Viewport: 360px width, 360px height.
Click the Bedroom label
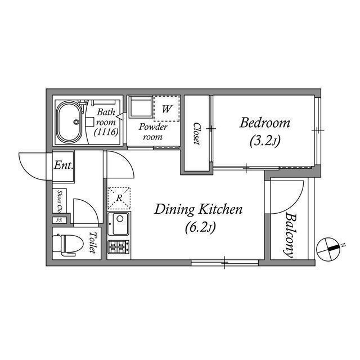tap(265, 123)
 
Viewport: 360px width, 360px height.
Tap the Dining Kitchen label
tap(198, 209)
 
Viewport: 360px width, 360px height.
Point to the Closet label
tap(196, 134)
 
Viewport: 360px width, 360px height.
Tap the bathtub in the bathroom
tap(69, 122)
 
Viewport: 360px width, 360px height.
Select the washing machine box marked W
tap(166, 109)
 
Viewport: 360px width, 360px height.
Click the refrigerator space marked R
tap(119, 199)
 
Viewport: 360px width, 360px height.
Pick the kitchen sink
tap(119, 224)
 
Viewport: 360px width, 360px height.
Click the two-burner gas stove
tap(119, 247)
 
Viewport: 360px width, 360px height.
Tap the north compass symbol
tap(328, 249)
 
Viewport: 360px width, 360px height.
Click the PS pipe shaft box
tap(59, 220)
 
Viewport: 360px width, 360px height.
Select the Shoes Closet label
tap(60, 201)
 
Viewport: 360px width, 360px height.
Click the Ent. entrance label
tap(64, 165)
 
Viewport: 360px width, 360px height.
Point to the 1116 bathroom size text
tap(106, 132)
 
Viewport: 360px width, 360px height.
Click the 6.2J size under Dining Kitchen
tap(200, 227)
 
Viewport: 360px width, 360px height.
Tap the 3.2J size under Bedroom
tap(265, 141)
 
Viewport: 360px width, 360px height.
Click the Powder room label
tap(153, 132)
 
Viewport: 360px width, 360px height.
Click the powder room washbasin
tap(141, 107)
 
